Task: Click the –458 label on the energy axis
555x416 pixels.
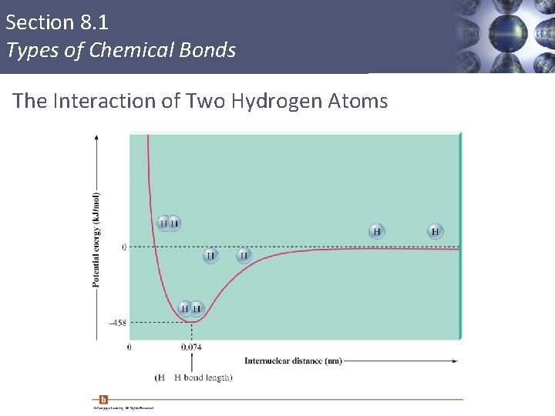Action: point(116,324)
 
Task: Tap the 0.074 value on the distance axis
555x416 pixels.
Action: point(191,347)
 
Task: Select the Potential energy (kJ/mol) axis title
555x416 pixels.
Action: point(96,240)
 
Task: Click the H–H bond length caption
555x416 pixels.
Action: point(193,377)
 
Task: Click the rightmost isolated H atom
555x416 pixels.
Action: point(436,231)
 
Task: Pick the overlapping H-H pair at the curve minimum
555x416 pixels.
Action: point(190,309)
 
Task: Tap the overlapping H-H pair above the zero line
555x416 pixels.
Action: point(169,223)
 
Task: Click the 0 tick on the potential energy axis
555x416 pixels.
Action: point(123,247)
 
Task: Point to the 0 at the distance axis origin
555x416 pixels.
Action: point(129,347)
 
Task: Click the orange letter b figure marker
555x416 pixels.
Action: point(103,399)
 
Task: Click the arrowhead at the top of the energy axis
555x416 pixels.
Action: point(96,136)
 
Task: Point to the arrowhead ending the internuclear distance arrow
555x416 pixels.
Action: point(454,361)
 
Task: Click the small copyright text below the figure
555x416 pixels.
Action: point(123,408)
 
